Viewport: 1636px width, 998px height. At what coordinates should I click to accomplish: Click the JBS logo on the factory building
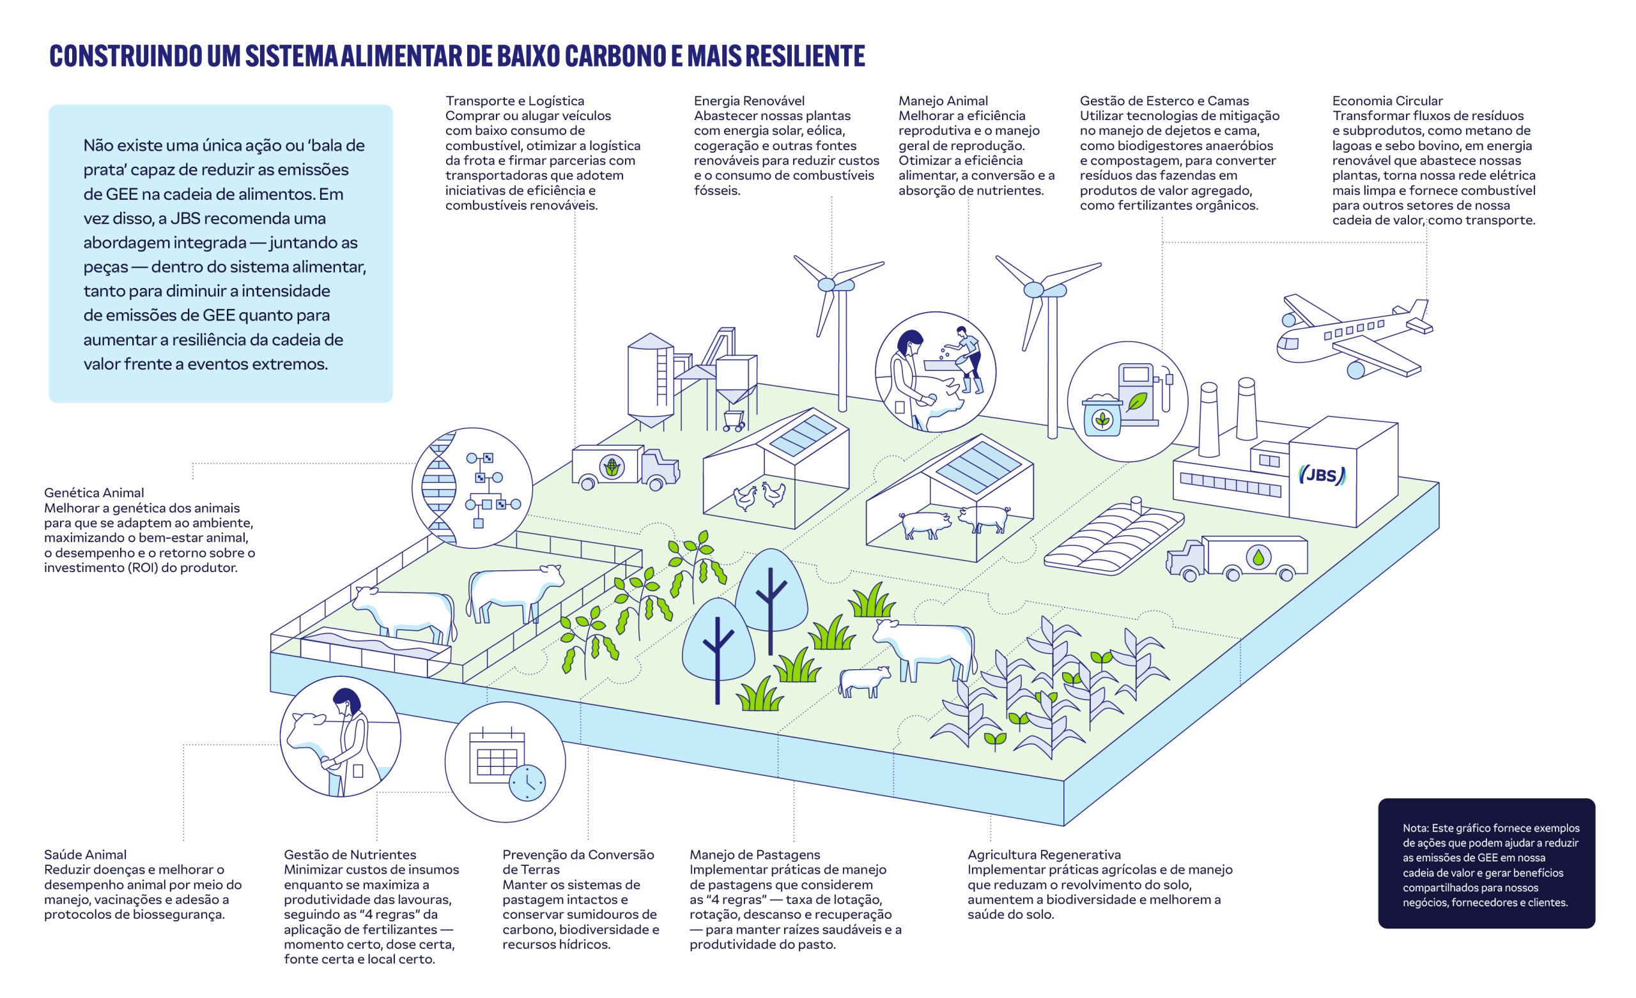coord(1322,475)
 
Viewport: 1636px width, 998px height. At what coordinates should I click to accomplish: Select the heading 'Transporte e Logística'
coord(514,101)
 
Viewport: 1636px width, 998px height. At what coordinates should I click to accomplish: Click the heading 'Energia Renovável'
coord(749,101)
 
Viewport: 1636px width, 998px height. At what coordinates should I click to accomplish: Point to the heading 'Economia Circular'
coord(1387,101)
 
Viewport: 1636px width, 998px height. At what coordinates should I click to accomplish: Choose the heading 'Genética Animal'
coord(93,493)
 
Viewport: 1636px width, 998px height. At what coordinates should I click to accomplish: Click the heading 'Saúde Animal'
coord(85,855)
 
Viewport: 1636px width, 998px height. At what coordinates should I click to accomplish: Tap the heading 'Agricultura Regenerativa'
coord(1044,855)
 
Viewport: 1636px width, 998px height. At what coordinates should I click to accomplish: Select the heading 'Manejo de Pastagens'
coord(755,855)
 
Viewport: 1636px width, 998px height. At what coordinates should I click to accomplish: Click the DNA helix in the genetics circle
coord(440,488)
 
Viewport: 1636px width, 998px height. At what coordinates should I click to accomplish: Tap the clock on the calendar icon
coord(527,783)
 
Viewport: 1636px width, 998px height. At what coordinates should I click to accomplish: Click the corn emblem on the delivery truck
coord(612,467)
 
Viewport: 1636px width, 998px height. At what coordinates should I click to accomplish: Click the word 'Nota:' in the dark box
coord(1415,828)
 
